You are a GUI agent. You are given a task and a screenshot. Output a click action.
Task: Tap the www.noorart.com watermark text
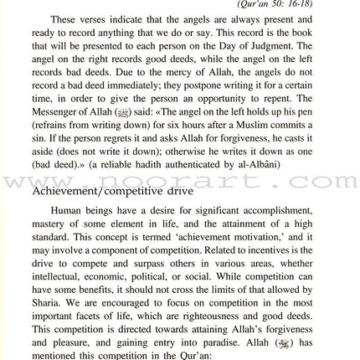click(x=180, y=177)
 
